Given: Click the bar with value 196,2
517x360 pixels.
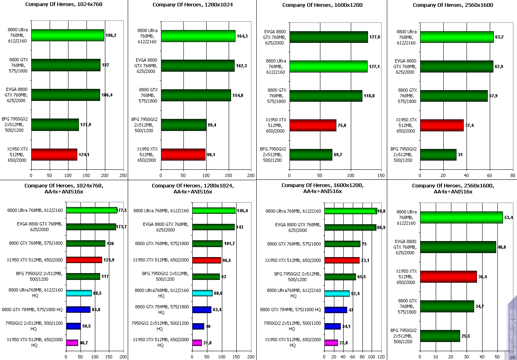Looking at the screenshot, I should tap(67, 35).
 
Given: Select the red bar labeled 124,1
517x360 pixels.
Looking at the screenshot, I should tap(54, 155).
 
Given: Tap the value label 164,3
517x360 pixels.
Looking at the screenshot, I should tap(243, 36).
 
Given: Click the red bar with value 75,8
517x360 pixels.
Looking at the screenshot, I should tap(313, 125).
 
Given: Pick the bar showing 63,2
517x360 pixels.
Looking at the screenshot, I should tap(457, 37).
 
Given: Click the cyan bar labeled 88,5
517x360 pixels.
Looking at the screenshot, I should tap(79, 293).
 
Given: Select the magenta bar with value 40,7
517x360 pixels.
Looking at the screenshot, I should tap(72, 343).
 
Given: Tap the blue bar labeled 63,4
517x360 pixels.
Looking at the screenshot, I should tap(202, 310).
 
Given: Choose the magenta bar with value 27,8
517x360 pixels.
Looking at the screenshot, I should tap(331, 343).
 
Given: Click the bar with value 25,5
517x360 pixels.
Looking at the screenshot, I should tap(440, 336).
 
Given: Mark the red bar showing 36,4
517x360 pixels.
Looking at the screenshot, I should tap(448, 277).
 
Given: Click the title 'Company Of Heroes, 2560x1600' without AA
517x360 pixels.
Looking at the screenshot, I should tap(453, 5).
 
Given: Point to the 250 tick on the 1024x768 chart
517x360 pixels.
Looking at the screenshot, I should tap(123, 175).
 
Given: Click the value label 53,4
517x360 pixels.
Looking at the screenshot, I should tap(509, 217).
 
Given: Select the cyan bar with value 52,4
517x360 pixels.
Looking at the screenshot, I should tap(337, 294).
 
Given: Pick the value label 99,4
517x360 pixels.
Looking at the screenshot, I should tap(212, 125).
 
